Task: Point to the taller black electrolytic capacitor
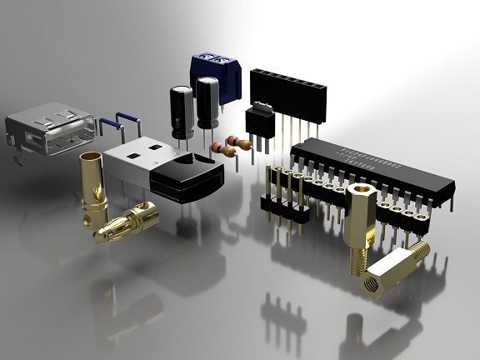pos(207,102)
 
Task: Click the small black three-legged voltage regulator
pos(262,122)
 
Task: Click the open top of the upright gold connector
pos(90,157)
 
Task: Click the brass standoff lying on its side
pos(392,268)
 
